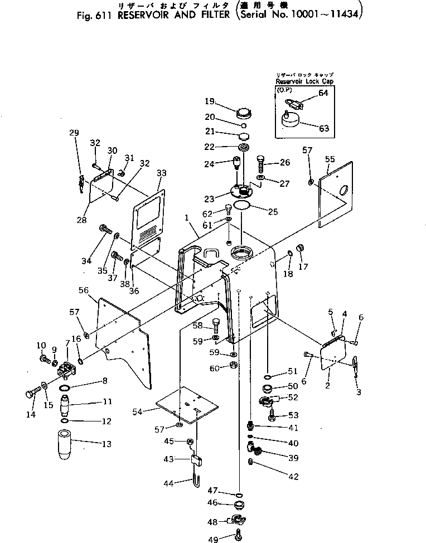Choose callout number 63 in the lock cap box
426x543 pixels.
point(323,128)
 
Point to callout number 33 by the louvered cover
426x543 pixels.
point(161,173)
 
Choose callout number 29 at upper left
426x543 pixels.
point(74,133)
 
